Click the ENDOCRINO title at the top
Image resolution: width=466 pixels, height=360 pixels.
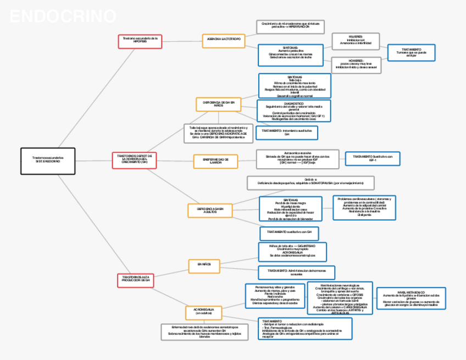click(x=63, y=17)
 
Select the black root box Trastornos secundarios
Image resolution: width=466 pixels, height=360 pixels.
click(x=47, y=160)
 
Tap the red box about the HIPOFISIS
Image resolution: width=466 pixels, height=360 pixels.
click(x=140, y=41)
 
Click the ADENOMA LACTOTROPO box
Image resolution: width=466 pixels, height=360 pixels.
click(x=223, y=41)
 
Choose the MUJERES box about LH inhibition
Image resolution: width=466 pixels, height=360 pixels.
click(x=355, y=41)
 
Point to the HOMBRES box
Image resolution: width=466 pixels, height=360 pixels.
click(x=355, y=65)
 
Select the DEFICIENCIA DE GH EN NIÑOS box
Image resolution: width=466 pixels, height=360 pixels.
click(x=219, y=104)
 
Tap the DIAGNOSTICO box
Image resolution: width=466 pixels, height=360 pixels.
click(x=293, y=110)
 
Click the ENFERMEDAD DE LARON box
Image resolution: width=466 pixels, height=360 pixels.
click(x=215, y=161)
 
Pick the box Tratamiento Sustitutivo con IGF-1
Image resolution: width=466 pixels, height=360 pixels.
click(x=372, y=159)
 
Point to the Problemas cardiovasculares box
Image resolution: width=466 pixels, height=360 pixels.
click(x=364, y=207)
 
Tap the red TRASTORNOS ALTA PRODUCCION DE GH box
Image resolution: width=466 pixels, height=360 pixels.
click(x=135, y=279)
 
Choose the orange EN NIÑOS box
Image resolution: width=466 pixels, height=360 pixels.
click(x=204, y=265)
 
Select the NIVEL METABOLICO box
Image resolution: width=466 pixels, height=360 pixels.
click(x=411, y=298)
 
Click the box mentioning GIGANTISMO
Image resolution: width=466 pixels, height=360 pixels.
click(x=292, y=252)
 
